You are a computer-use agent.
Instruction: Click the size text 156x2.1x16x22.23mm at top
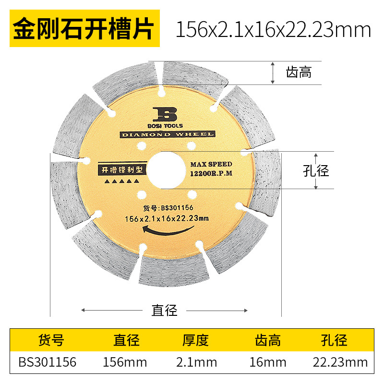[x=274, y=30]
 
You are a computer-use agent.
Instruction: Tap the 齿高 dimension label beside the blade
[x=299, y=72]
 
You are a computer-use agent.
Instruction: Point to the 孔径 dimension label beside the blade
[x=316, y=171]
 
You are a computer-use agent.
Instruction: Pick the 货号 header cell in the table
[x=51, y=341]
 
